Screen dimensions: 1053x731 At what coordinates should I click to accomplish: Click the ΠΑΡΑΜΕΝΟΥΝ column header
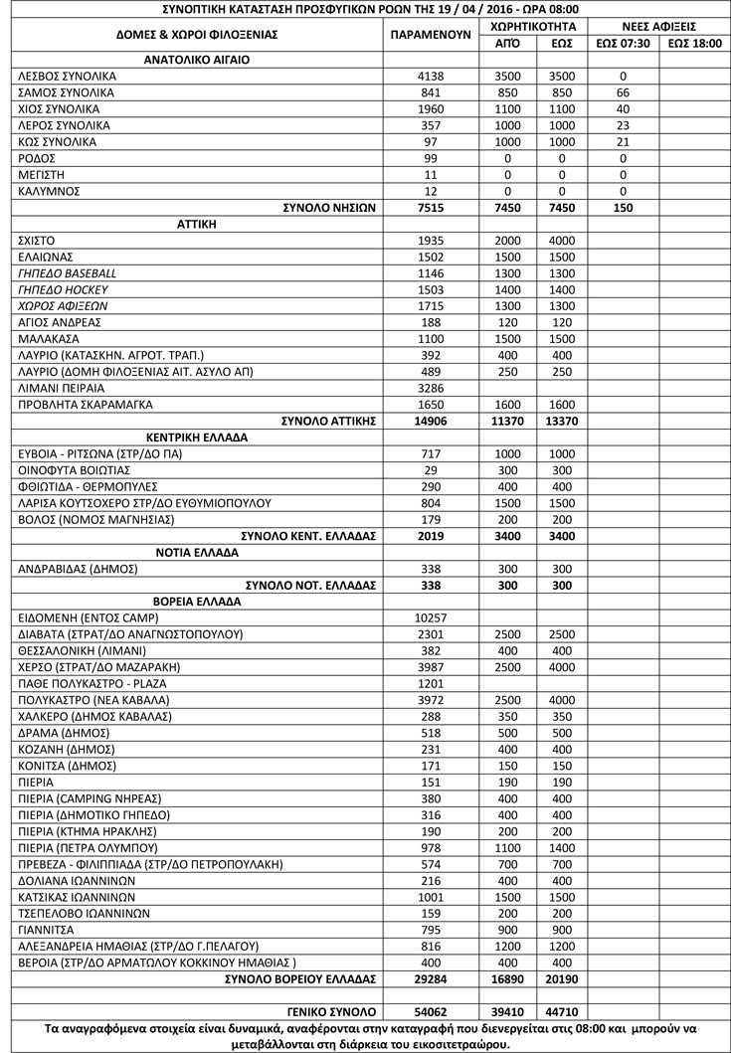(x=431, y=34)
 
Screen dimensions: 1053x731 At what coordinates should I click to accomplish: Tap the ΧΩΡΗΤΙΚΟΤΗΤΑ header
(x=534, y=26)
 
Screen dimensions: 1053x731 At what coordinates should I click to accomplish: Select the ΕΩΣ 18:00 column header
(x=694, y=43)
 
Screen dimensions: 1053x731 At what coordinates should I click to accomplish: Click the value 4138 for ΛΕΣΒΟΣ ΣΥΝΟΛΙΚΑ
(x=431, y=76)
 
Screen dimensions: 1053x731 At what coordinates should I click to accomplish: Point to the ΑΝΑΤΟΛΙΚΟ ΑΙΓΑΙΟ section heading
(x=196, y=60)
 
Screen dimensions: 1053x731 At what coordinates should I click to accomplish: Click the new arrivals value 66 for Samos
(x=623, y=92)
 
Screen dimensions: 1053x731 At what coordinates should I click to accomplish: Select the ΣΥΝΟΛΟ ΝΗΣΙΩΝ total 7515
(x=431, y=208)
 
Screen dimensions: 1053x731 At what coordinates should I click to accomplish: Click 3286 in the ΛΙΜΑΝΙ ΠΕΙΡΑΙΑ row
(x=431, y=388)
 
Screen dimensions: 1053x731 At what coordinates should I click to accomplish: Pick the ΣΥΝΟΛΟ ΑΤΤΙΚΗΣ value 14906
(x=431, y=421)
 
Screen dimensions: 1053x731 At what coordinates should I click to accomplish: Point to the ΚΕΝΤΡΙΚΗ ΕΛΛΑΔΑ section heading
(x=196, y=438)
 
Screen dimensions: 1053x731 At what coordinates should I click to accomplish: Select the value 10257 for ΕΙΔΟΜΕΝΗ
(x=431, y=617)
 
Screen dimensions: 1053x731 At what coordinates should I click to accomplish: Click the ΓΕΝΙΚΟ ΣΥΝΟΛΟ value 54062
(x=431, y=1011)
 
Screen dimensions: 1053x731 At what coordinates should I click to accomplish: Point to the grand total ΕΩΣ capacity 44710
(x=561, y=1011)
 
